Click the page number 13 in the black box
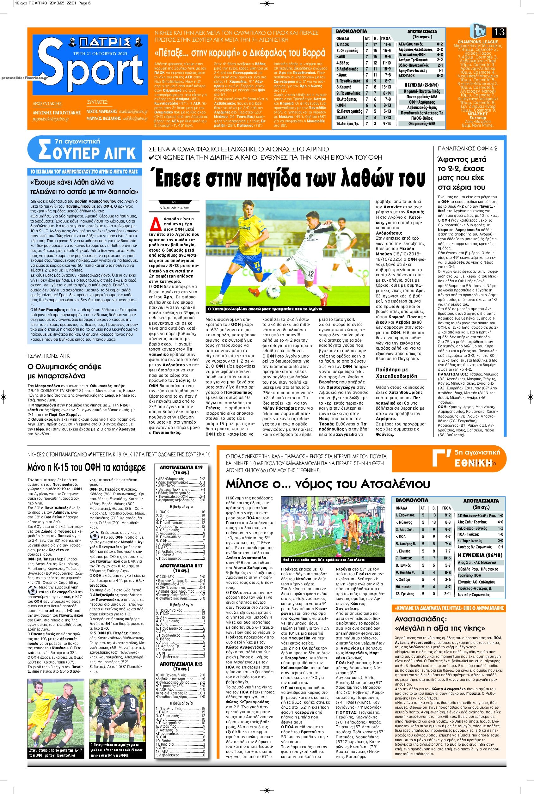[499, 32]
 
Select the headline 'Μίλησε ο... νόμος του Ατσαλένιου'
[328, 484]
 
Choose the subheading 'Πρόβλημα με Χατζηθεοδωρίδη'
[396, 373]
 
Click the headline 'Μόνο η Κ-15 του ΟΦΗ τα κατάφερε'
[87, 467]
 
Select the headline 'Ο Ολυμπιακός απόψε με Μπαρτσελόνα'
[65, 371]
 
